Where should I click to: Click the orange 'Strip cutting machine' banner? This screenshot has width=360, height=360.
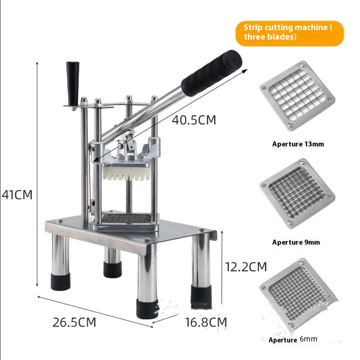click(289, 33)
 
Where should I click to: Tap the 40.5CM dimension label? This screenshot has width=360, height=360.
click(193, 120)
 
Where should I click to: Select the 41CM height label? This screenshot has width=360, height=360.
click(17, 194)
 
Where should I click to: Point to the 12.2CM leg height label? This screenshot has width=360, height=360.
click(246, 267)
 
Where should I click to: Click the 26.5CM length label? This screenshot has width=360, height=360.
click(74, 322)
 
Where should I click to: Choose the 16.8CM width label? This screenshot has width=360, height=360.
click(206, 322)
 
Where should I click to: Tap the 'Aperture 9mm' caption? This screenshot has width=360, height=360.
click(296, 242)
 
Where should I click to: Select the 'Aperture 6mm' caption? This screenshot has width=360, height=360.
click(293, 340)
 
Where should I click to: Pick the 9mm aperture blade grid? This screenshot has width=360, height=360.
click(297, 193)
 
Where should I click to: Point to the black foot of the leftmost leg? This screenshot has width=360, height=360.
click(61, 281)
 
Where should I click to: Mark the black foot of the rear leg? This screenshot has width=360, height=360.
click(112, 269)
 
